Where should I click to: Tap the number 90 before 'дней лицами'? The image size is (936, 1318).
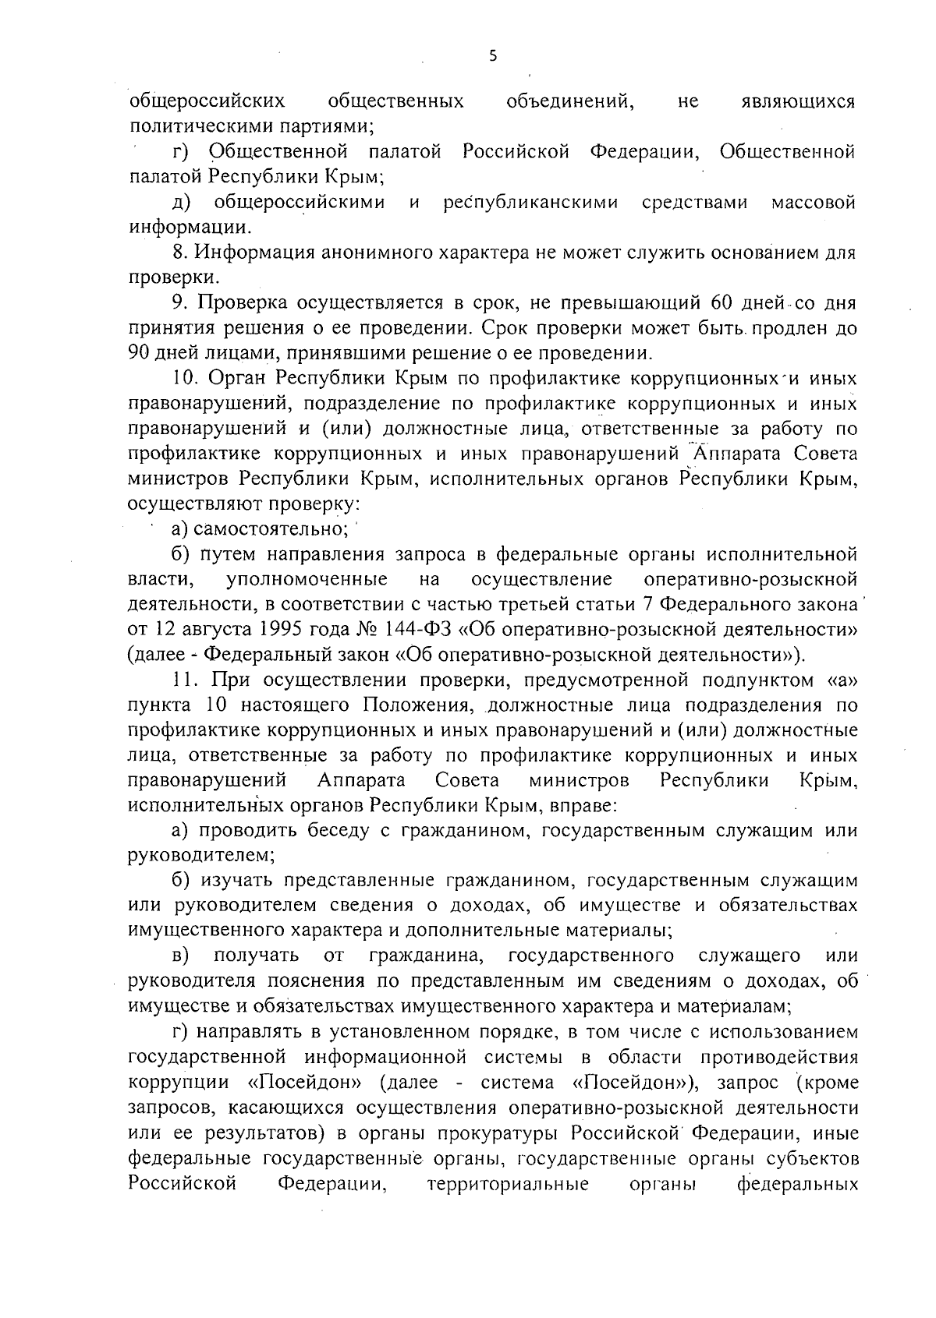coord(139,353)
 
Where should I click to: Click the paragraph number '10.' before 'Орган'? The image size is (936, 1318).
coord(187,379)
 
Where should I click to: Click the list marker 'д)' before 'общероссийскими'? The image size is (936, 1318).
coord(181,203)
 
